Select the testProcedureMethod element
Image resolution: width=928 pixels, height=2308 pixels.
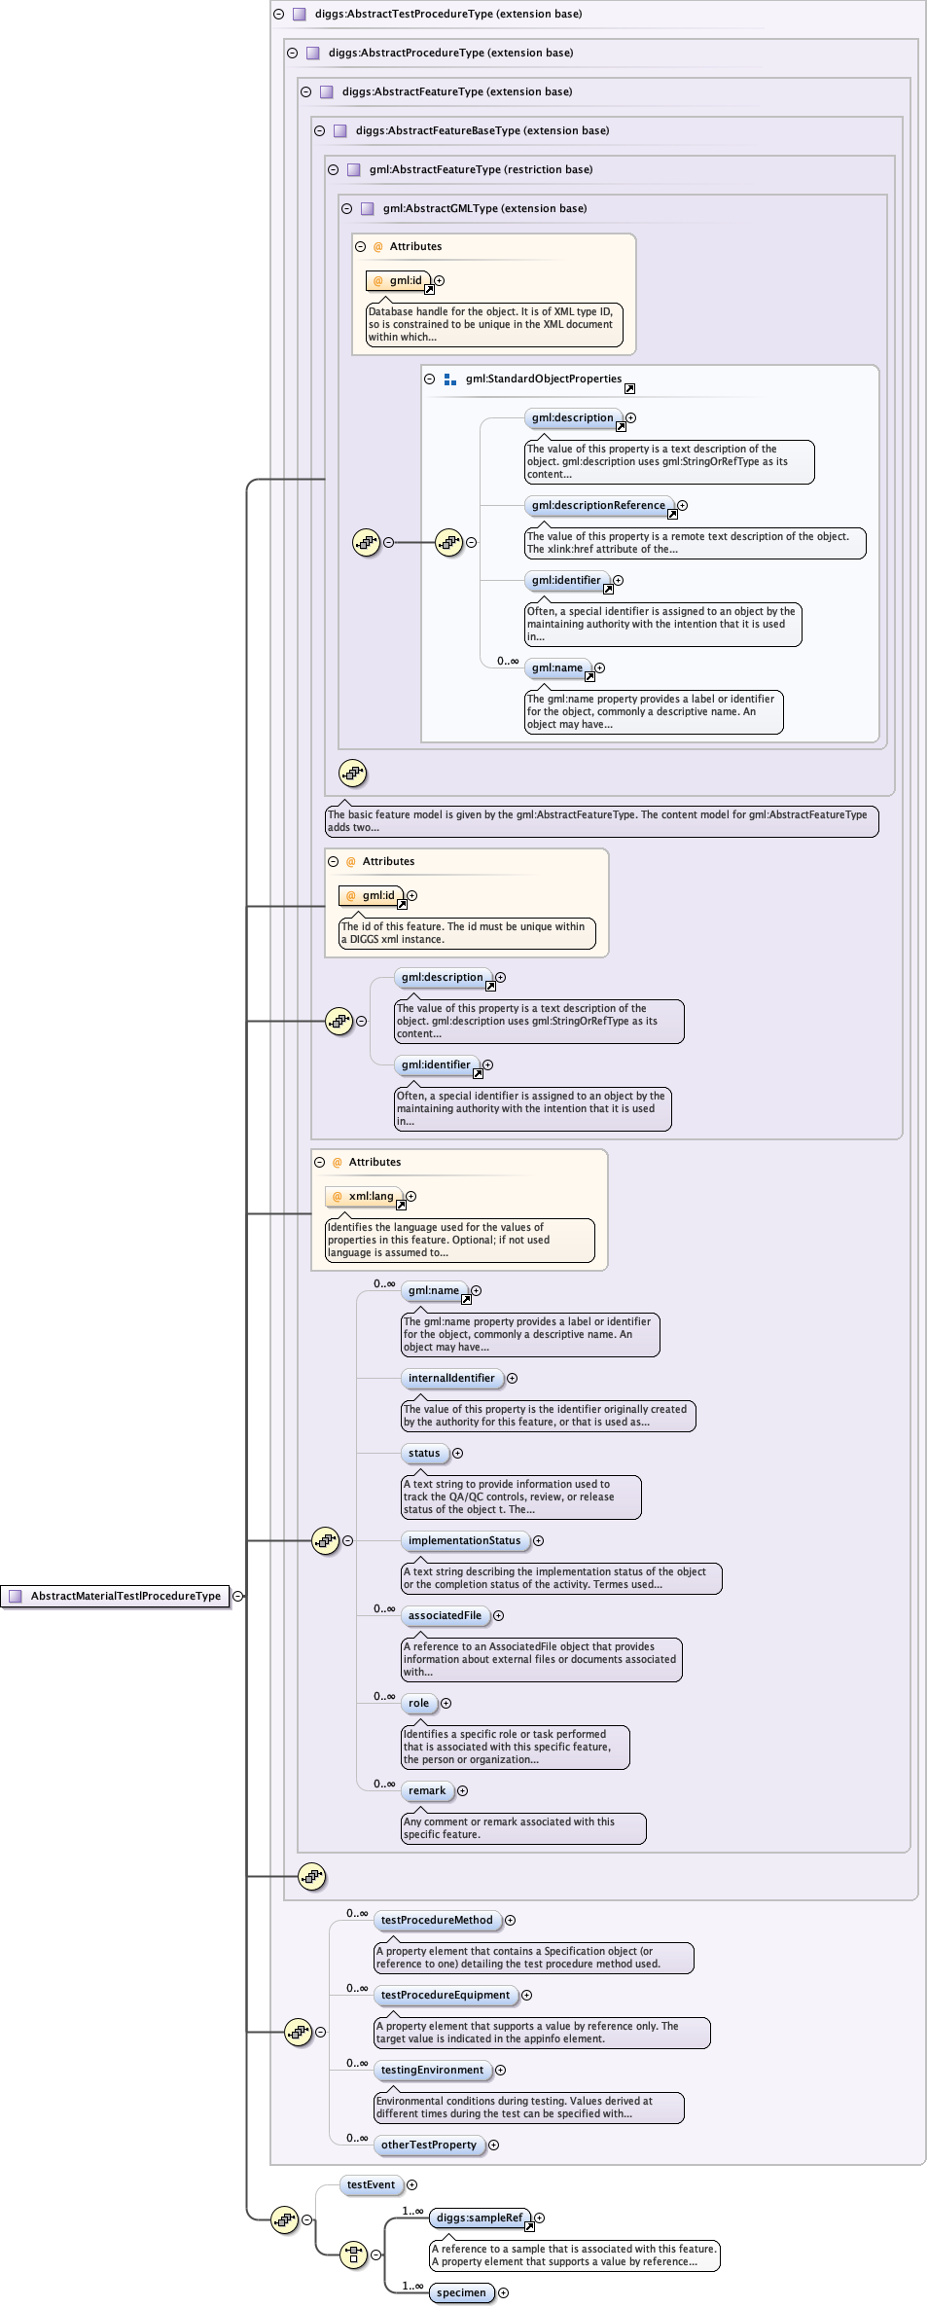[437, 1920]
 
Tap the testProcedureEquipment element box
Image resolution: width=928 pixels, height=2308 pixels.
[445, 1995]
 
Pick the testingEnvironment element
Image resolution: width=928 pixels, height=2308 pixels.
[432, 2070]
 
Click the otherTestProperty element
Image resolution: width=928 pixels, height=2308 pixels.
[428, 2145]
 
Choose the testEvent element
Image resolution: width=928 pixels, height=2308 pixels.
[371, 2184]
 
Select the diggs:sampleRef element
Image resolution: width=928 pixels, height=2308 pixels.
[479, 2218]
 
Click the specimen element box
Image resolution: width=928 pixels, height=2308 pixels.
[460, 2292]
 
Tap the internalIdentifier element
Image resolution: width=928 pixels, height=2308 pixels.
[451, 1378]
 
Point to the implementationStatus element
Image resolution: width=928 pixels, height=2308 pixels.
[464, 1540]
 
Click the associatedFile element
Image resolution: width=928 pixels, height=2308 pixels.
[445, 1615]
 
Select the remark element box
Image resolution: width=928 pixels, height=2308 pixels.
[426, 1790]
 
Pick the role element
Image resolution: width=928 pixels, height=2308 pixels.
[418, 1703]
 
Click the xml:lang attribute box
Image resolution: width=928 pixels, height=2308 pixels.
[371, 1196]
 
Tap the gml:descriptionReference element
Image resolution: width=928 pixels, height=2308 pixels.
[598, 505]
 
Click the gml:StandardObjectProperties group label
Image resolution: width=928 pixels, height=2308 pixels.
[543, 379]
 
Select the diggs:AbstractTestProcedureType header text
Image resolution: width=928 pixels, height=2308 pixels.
[447, 14]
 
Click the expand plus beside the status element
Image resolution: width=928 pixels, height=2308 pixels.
[457, 1453]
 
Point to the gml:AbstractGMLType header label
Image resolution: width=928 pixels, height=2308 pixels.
[484, 208]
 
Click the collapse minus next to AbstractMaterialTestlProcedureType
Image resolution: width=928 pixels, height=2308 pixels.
[238, 1596]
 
